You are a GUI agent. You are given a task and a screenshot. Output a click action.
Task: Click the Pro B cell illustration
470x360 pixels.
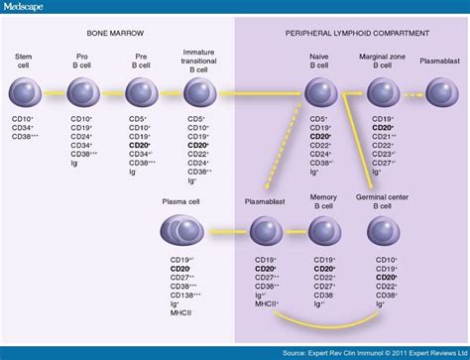(x=85, y=94)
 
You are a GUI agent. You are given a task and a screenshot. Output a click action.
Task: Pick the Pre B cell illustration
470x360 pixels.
(x=145, y=94)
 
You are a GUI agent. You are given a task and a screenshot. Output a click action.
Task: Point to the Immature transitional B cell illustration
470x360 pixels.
(x=202, y=94)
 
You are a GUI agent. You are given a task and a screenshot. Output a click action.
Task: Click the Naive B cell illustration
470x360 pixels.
(x=321, y=94)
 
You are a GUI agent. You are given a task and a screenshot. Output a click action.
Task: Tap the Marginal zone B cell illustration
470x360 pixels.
(x=384, y=94)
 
